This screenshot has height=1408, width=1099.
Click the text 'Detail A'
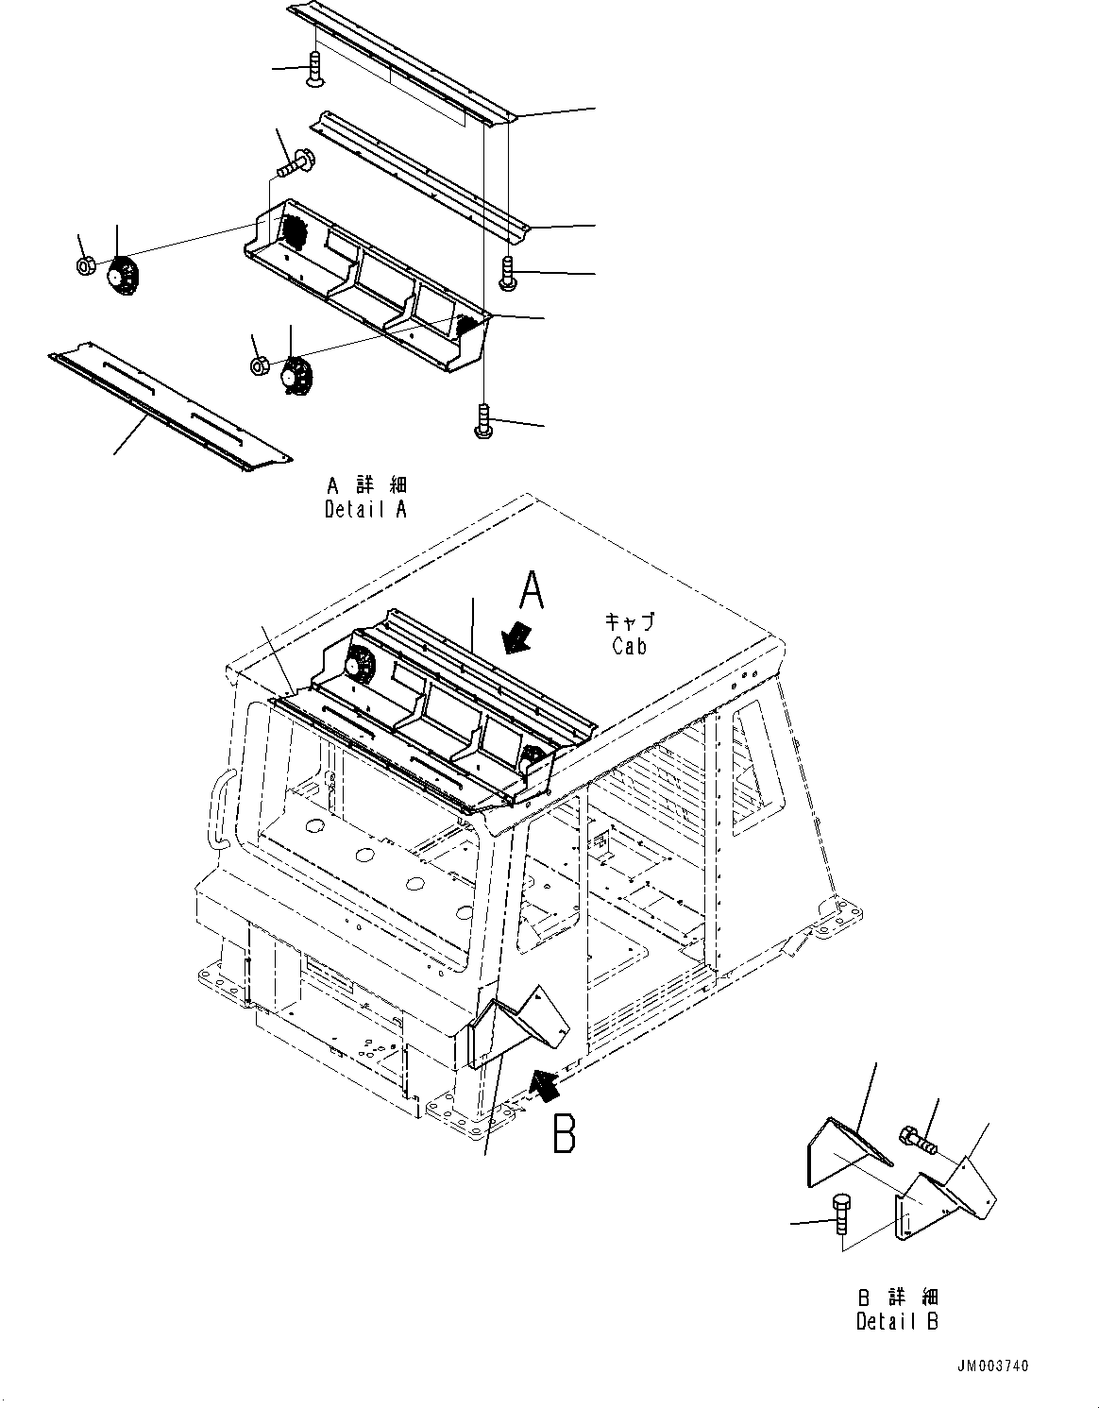[366, 510]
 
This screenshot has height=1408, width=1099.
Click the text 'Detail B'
[897, 1322]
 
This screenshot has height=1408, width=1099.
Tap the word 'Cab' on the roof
[629, 647]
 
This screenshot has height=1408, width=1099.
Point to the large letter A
[533, 594]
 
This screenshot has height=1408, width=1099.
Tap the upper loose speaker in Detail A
[122, 275]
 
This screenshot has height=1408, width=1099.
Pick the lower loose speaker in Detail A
[296, 376]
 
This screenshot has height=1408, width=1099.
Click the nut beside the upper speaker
[84, 266]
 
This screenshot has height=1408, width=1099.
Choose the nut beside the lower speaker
[258, 366]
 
